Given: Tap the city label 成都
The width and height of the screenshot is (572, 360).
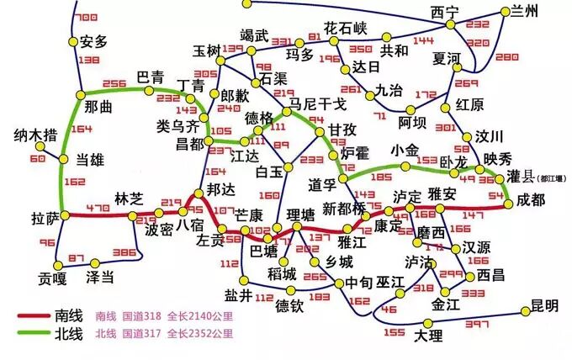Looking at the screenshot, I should coord(532,200).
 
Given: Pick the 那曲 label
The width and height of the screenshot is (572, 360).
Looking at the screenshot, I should coord(99,107).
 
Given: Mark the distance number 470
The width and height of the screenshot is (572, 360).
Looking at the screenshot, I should coord(98,208).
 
